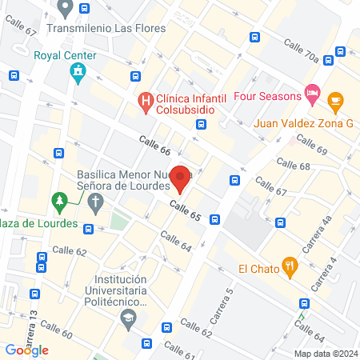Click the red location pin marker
click(x=182, y=179)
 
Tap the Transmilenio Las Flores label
click(x=106, y=28)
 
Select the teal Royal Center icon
click(x=77, y=74)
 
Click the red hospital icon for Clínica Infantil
click(x=145, y=102)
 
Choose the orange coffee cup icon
click(x=334, y=101)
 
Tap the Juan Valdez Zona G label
click(x=303, y=123)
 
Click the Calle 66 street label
click(x=154, y=146)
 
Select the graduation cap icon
click(x=127, y=318)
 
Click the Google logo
click(x=27, y=350)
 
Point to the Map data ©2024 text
click(x=325, y=353)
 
